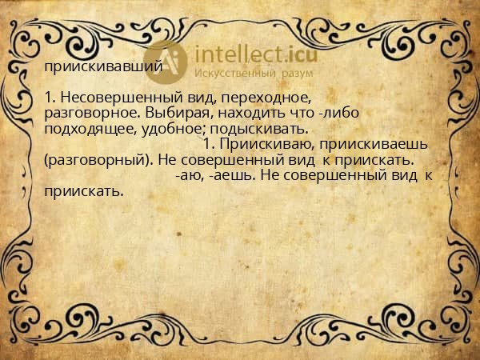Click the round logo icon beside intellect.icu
pos(169,62)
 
